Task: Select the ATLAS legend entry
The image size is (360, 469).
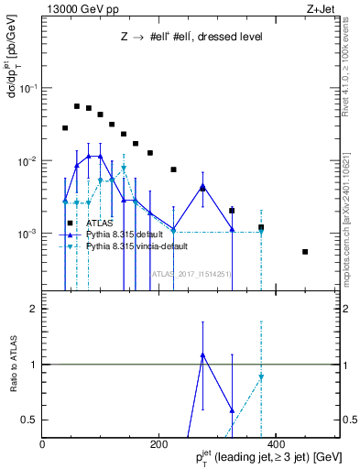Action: [x=98, y=223]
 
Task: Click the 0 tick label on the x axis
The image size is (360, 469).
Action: [x=43, y=445]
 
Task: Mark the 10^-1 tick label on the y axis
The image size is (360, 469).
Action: [x=27, y=88]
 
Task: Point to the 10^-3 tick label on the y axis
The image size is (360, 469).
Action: [x=27, y=234]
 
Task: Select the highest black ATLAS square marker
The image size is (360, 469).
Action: [x=77, y=106]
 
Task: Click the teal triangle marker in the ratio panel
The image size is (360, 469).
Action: [x=261, y=377]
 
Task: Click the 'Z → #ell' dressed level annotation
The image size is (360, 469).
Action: [x=191, y=38]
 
